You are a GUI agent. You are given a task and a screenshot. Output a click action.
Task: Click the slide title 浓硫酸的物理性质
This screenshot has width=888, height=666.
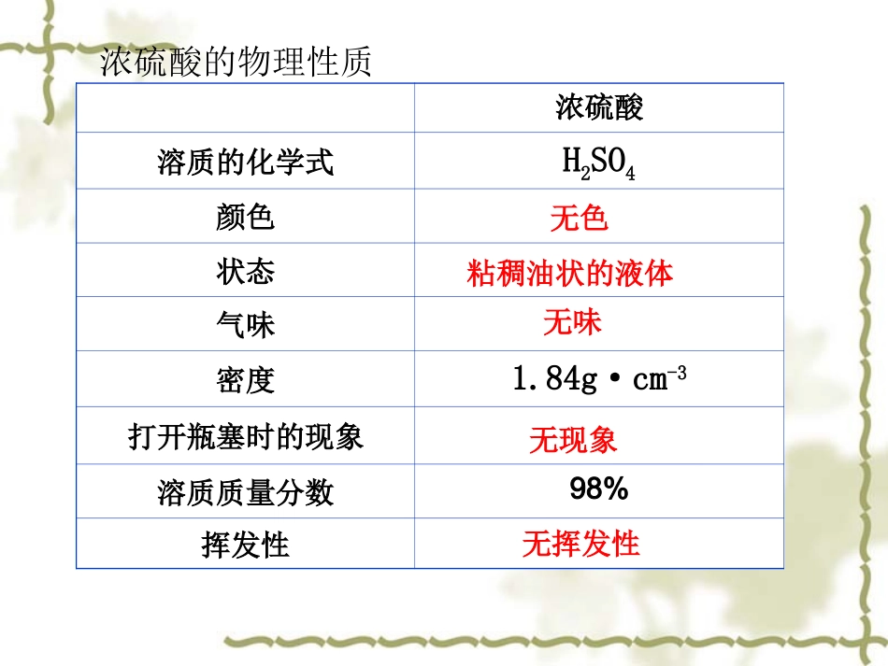coord(236,63)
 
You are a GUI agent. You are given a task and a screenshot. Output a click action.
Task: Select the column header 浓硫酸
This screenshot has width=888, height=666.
coord(599,108)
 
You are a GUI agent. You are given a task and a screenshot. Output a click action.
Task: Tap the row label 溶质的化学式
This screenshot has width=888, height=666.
coord(245,163)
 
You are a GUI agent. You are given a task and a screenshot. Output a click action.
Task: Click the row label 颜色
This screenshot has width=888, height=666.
coord(245,218)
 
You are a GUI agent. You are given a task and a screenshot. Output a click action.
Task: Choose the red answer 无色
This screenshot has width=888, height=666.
coord(580,218)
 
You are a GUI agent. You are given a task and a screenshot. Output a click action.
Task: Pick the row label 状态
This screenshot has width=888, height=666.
coord(245,272)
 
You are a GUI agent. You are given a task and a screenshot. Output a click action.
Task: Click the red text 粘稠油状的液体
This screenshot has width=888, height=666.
coord(570,273)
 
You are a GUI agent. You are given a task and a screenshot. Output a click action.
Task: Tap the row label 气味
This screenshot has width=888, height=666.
coord(245,325)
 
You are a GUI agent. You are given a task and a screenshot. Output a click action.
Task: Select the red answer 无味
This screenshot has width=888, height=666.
coord(573,322)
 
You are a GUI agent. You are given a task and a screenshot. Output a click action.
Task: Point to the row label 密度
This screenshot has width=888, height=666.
coord(245,380)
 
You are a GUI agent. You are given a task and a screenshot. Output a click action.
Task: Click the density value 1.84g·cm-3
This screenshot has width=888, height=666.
coord(599,378)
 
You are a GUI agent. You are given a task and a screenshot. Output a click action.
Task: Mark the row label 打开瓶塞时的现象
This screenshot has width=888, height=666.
coord(245,436)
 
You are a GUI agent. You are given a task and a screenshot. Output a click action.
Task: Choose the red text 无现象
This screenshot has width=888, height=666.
coord(573,440)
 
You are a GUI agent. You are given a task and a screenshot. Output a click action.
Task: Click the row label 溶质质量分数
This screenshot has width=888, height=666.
coord(245,492)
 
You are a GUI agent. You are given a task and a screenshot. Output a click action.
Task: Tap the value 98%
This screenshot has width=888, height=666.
coord(598,489)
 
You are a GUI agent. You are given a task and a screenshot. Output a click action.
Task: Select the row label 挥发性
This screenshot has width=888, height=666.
coord(245,545)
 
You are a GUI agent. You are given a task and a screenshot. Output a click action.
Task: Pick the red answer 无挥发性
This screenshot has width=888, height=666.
coord(580,543)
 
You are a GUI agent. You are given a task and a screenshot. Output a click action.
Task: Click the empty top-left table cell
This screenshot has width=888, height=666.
coord(245,108)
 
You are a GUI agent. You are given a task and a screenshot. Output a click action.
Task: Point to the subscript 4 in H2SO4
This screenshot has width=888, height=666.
coord(631,174)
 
